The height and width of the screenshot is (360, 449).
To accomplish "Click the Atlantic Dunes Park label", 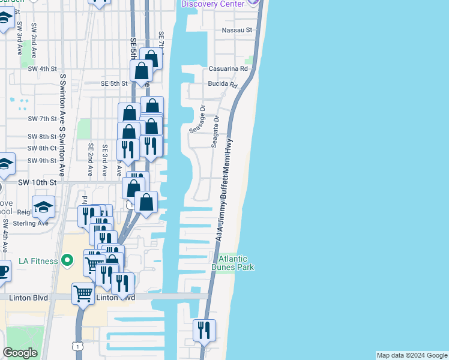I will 232,263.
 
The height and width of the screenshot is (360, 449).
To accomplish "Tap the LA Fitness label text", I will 38,261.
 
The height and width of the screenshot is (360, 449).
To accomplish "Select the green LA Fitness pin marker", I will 68,261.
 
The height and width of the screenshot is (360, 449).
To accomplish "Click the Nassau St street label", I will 237,29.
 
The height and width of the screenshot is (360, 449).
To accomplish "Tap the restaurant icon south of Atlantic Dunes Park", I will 204,330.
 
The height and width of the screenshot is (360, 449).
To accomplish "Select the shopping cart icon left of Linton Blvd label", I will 83,294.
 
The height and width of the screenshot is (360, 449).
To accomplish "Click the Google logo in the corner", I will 20,353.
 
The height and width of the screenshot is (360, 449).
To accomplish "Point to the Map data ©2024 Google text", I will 412,355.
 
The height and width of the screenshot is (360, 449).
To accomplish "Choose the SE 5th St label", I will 114,83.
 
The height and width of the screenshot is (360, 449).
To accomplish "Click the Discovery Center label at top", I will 213,4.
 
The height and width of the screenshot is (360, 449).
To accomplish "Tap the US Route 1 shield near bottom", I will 77,346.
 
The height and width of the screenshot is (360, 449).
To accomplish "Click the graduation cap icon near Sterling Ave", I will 43,206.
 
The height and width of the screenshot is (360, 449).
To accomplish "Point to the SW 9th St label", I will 42,161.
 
